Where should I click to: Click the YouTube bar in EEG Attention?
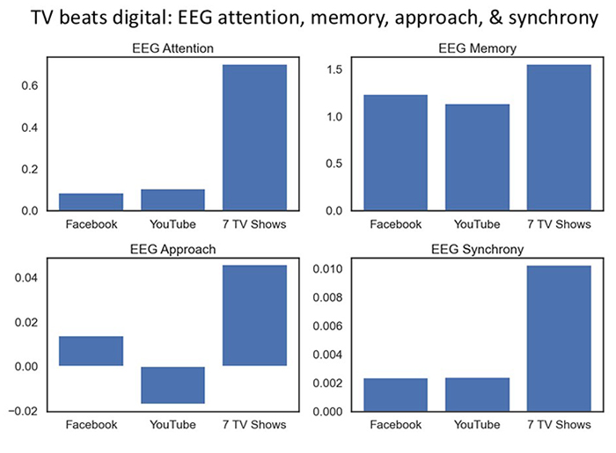tap(172, 200)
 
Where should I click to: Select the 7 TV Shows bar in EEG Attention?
tap(254, 137)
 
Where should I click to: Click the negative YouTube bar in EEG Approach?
tap(172, 385)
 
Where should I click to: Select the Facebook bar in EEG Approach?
tap(92, 351)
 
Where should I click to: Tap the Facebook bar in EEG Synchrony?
tap(397, 395)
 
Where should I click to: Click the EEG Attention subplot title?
tap(172, 48)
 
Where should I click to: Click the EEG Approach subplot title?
tap(172, 249)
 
